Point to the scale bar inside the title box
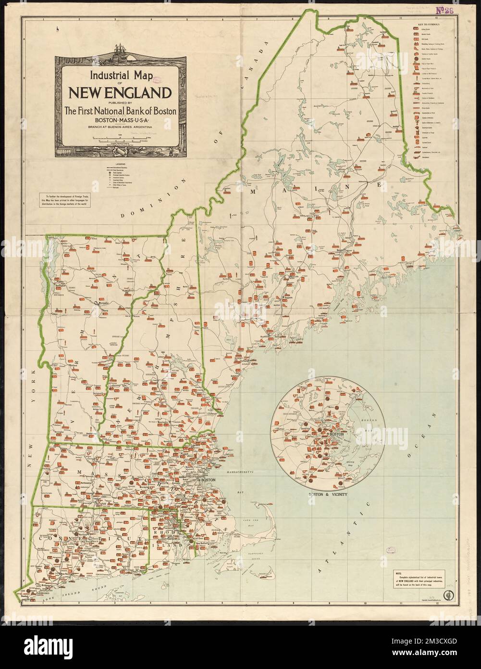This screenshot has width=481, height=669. point(120,138)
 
